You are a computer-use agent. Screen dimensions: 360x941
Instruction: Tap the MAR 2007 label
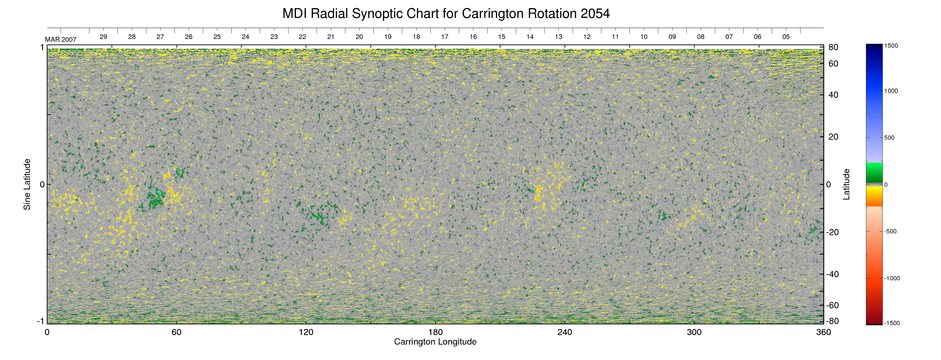[61, 39]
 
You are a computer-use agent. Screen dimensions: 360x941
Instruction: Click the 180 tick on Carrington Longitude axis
[435, 332]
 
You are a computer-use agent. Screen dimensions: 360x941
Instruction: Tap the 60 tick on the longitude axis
[176, 332]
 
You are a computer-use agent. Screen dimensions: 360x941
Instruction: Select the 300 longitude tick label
[694, 332]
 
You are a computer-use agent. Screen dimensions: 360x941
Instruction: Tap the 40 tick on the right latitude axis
[833, 95]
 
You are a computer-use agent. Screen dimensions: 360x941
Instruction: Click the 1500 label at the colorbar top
[891, 46]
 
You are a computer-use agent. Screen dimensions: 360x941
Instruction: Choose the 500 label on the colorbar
[889, 138]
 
